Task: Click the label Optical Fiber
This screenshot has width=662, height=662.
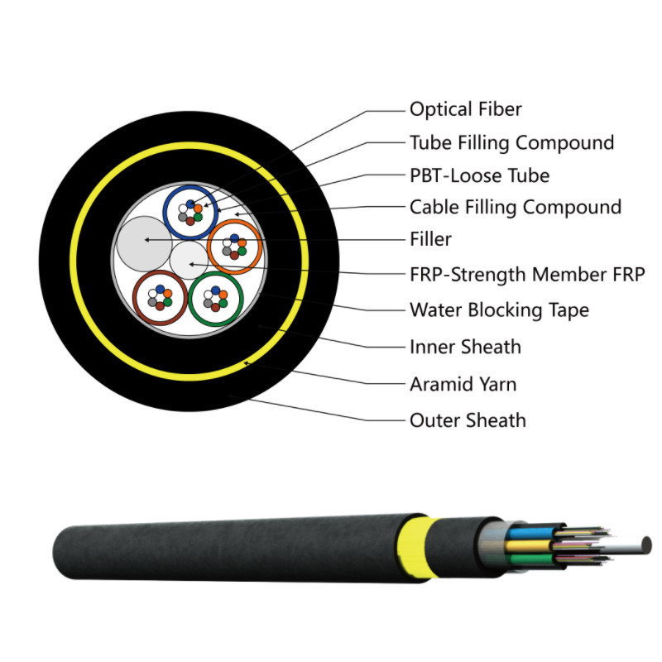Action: [x=466, y=109]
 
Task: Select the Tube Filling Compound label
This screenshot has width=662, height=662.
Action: [x=511, y=142]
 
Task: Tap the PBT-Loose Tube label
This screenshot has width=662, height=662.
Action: [x=480, y=175]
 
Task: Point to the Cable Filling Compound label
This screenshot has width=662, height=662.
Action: [x=516, y=208]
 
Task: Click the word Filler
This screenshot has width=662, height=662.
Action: [x=430, y=239]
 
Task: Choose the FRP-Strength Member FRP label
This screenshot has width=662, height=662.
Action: [x=527, y=275]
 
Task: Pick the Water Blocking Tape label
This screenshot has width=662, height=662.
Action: [x=499, y=310]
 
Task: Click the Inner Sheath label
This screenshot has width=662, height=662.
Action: [x=465, y=347]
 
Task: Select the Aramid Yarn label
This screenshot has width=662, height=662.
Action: [x=463, y=384]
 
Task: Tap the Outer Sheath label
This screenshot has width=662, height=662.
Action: [x=468, y=420]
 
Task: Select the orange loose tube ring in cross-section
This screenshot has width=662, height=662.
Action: [x=235, y=247]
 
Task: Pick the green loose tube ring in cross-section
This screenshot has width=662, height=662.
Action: [x=216, y=299]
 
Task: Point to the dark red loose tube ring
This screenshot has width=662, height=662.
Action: [x=160, y=298]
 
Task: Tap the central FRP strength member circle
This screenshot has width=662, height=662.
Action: [x=189, y=260]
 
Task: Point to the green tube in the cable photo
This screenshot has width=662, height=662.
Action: [x=530, y=560]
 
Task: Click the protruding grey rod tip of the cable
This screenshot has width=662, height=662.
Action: [x=646, y=544]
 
